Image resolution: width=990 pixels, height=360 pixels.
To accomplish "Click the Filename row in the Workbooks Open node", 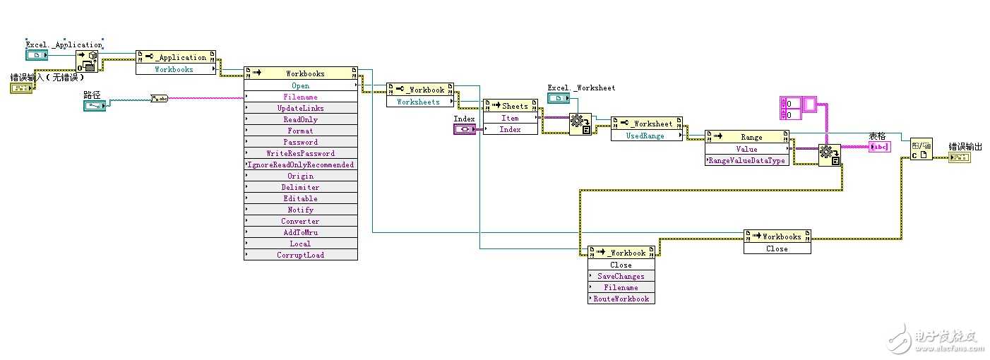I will point(300,97).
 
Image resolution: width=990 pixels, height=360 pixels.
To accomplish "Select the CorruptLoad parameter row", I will point(300,255).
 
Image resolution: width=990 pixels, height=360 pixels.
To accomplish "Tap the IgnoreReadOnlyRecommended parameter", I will point(300,164).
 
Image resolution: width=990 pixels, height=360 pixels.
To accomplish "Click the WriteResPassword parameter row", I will point(300,153).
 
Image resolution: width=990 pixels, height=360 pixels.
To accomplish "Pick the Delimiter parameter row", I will point(300,187).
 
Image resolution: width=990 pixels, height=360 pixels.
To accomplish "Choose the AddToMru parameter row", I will point(300,232).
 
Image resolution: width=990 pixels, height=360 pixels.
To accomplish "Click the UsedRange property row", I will point(645,136).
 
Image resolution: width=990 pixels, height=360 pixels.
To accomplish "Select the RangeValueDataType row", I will point(747,160).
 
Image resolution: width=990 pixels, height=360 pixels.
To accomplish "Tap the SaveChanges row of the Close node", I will point(621,276).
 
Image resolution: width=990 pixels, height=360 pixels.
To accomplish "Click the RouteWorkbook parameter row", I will point(621,299).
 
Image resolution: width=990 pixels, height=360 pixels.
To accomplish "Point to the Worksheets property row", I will point(418,102).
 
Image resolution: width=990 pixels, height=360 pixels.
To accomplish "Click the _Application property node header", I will point(176,57).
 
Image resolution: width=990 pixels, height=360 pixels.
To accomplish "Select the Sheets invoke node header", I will point(511,106).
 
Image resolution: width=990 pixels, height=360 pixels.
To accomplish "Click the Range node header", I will point(747,137).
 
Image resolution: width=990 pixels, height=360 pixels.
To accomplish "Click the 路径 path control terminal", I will point(94,106).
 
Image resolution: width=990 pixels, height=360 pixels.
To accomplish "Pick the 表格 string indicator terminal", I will point(879,147).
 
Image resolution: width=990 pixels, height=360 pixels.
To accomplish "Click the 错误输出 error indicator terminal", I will point(958,157).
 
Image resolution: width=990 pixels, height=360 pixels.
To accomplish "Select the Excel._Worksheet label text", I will point(581,88).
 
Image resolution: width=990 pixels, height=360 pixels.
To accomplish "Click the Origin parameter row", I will point(300,176).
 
